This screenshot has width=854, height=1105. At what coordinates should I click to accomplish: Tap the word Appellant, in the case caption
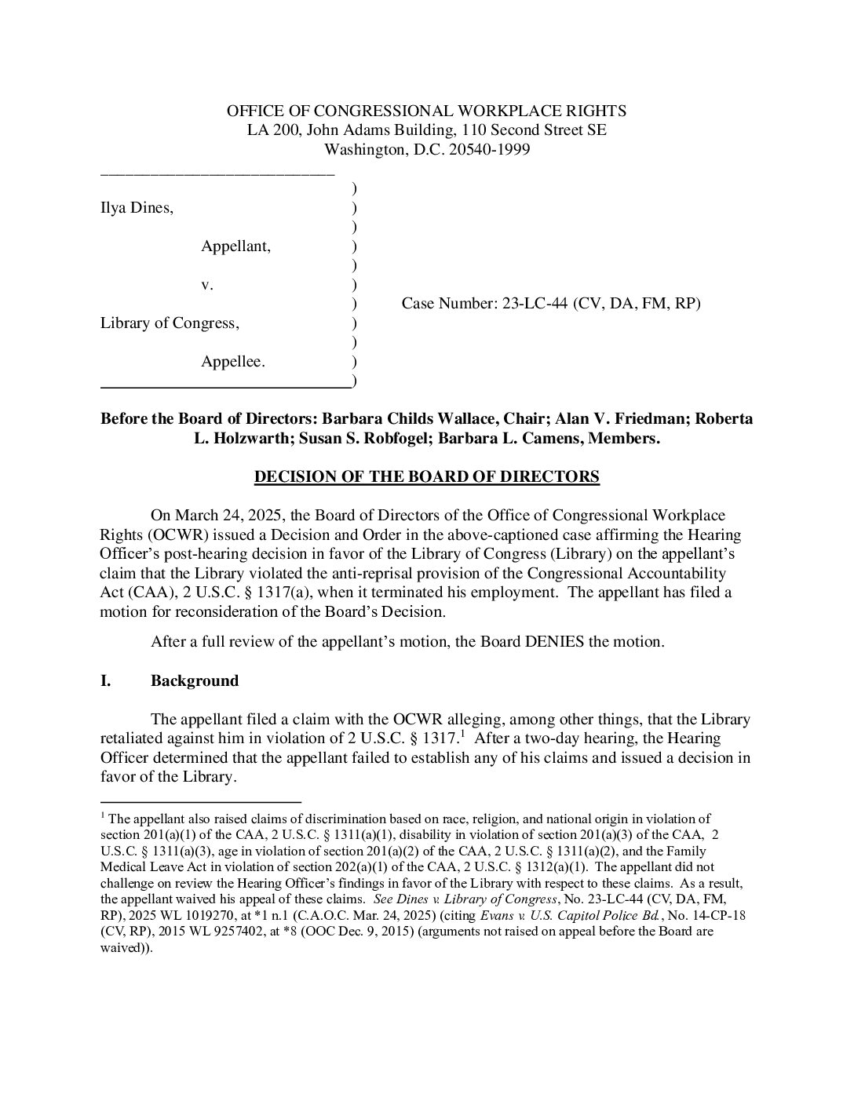coord(235,246)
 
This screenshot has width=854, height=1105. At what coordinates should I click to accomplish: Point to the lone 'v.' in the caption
coord(207,285)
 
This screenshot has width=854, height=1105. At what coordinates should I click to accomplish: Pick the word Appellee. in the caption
coord(233,362)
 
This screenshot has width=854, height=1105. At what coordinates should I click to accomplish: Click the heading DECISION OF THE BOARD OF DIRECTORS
coord(427,477)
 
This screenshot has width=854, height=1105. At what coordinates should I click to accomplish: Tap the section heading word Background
coord(195,680)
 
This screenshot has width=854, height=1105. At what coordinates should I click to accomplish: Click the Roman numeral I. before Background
coord(105,680)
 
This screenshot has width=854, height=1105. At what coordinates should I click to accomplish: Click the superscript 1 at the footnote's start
coord(104,816)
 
